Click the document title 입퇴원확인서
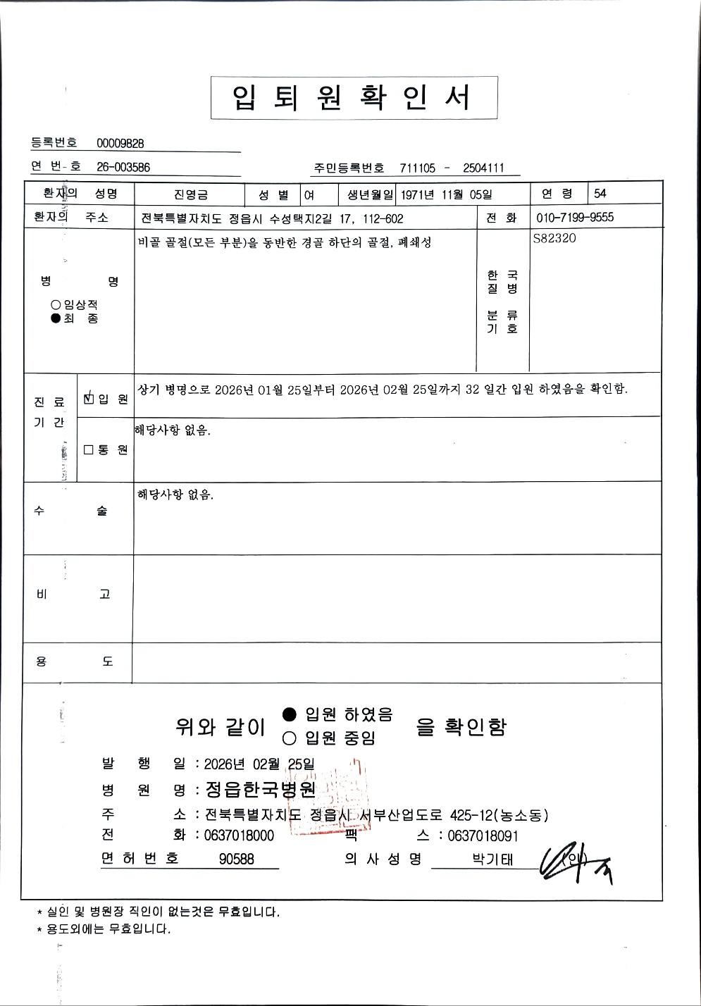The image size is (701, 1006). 354,98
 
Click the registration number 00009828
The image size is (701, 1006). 120,144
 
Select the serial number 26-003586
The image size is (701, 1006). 123,167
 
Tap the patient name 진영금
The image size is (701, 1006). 190,194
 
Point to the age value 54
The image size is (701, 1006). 600,194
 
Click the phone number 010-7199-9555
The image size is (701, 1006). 575,218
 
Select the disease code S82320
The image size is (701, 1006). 554,238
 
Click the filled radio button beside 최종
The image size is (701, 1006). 56,318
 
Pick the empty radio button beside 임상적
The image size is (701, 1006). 56,304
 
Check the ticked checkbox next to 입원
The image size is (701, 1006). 89,398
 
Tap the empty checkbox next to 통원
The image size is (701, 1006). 89,449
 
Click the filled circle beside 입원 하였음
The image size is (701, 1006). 289,714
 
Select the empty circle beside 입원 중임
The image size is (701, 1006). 289,738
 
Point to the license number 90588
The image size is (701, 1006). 237,859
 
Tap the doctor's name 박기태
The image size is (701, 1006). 492,859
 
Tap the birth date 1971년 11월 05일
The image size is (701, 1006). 447,194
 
